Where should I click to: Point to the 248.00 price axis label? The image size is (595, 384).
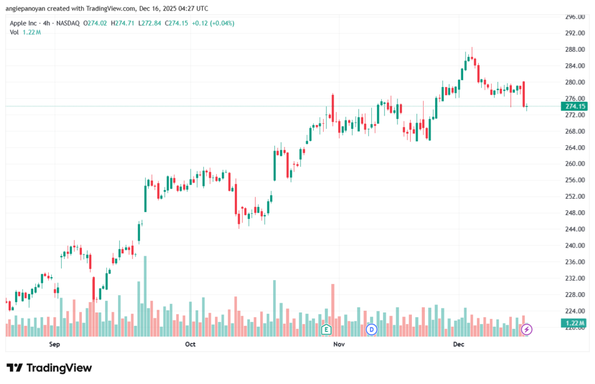click(x=574, y=213)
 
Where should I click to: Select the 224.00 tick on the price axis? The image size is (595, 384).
click(x=574, y=311)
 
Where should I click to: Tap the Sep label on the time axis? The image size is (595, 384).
click(x=55, y=344)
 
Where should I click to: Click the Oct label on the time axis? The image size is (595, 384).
click(x=190, y=344)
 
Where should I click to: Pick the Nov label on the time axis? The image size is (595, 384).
click(x=339, y=344)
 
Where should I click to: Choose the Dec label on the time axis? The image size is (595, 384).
click(x=459, y=344)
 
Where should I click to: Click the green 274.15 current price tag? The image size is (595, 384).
click(x=574, y=106)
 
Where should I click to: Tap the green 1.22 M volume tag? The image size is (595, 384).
click(x=574, y=323)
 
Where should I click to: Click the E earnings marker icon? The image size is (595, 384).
click(x=326, y=329)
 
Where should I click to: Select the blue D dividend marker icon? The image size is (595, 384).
click(x=372, y=329)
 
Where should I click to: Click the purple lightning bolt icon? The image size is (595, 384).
click(x=527, y=329)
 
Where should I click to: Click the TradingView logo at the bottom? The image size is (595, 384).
click(x=49, y=368)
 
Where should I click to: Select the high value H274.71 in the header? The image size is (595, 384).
click(x=124, y=23)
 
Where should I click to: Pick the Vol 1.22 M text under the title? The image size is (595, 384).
click(x=26, y=32)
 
